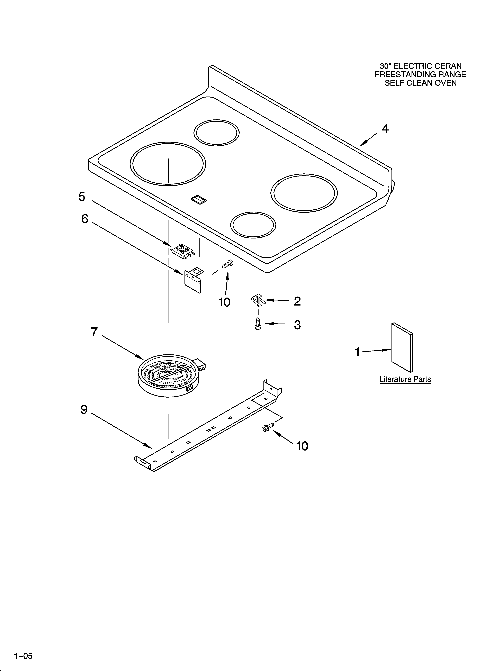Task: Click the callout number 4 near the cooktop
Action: coord(385,129)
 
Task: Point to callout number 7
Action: coord(94,332)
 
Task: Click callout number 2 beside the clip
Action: coord(297,301)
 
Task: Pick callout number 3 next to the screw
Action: coord(297,325)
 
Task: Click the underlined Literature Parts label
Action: coord(405,379)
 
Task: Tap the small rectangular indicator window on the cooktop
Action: coord(199,200)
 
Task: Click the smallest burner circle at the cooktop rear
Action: coord(217,133)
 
